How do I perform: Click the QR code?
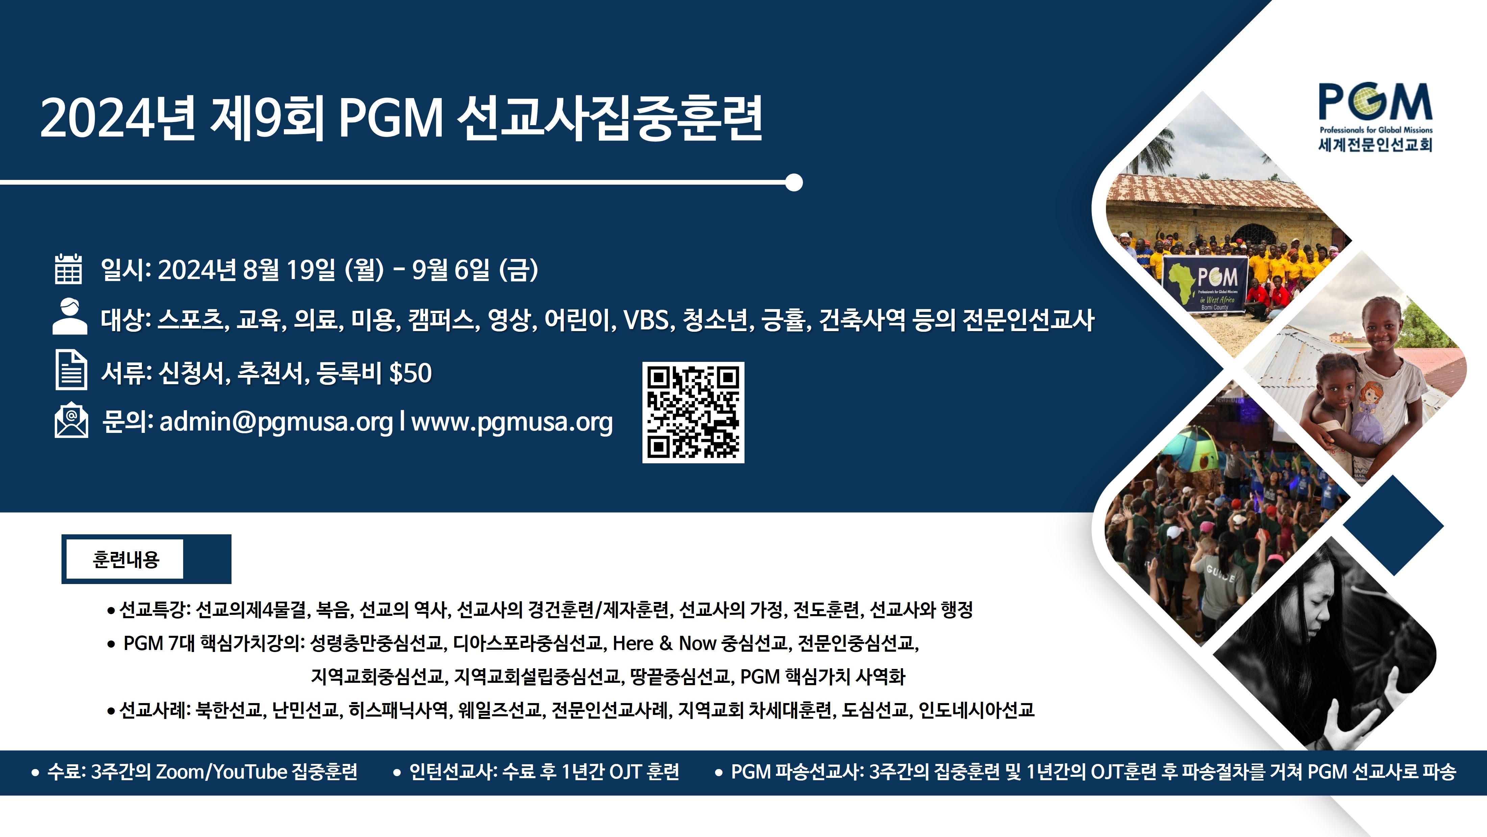click(693, 413)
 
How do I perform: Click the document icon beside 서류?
click(71, 370)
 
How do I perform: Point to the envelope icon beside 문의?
click(71, 420)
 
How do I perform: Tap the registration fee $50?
click(410, 373)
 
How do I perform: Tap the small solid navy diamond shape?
click(1393, 525)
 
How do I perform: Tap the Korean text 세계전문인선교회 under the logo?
click(1375, 144)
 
